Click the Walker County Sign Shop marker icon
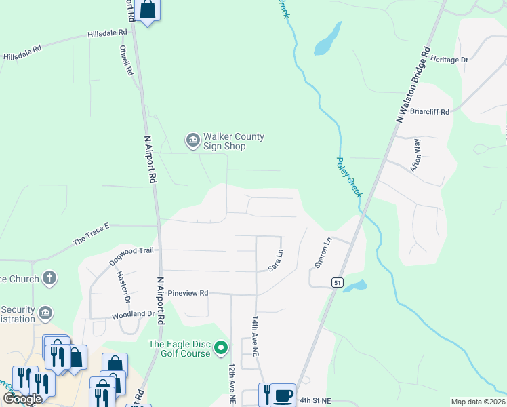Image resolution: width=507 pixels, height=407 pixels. click(192, 140)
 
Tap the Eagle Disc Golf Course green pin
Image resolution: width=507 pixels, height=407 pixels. click(220, 349)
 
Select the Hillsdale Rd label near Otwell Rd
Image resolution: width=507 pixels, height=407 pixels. click(107, 33)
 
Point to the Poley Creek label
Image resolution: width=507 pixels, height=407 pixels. click(350, 178)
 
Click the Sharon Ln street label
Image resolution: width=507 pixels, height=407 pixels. click(322, 251)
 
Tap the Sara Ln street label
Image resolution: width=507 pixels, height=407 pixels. click(275, 261)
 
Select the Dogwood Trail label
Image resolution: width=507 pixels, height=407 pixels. click(131, 255)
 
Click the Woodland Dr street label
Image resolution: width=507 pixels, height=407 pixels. click(133, 314)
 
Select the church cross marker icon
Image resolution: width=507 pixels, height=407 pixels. click(49, 277)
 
